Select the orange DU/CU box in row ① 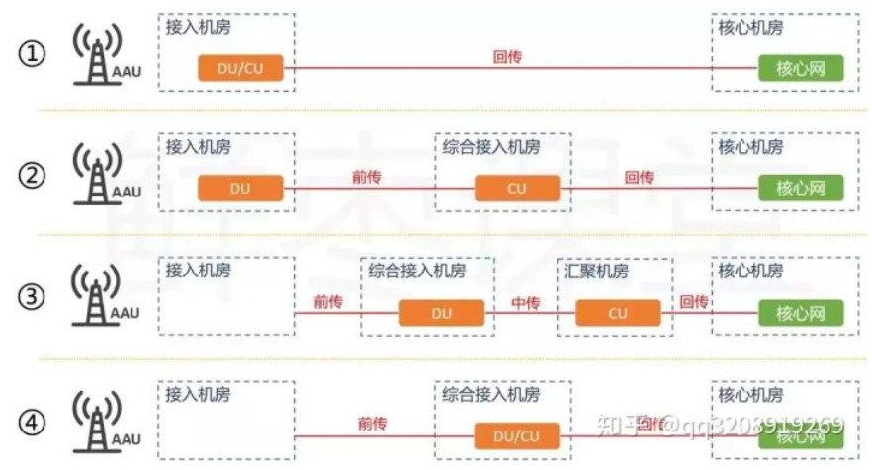[x=240, y=68]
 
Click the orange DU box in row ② [x=240, y=188]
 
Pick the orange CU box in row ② [x=517, y=188]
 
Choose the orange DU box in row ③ [x=442, y=314]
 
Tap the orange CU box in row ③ [x=618, y=314]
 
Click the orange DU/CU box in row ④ [x=517, y=435]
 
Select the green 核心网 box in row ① [x=801, y=68]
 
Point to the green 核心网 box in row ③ [x=801, y=314]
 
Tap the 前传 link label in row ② [x=367, y=178]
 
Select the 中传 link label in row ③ [x=522, y=302]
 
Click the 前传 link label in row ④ [x=372, y=424]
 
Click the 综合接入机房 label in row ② [x=490, y=147]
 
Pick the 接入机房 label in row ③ [x=199, y=270]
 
